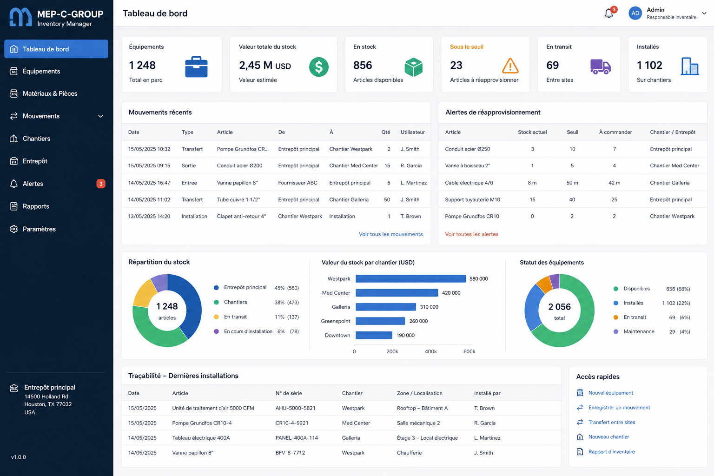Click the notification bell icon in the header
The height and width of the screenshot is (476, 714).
609,13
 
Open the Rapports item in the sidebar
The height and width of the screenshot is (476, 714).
36,206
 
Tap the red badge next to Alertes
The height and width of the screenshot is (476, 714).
101,184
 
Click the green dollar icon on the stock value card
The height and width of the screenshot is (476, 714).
319,67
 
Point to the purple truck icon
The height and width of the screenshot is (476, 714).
600,66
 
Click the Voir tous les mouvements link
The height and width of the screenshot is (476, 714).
391,234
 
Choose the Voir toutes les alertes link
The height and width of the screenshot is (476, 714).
472,234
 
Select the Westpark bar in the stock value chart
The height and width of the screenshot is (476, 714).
410,278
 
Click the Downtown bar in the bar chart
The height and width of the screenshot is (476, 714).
374,335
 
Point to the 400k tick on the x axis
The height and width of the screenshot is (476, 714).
430,351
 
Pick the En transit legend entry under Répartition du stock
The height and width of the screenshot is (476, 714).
235,317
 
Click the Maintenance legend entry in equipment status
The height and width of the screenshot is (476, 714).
639,331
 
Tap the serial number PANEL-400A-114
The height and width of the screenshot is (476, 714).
297,438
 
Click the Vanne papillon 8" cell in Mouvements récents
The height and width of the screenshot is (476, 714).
237,183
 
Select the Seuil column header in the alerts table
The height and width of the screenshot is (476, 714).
573,132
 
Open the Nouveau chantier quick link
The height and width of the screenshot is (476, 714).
608,437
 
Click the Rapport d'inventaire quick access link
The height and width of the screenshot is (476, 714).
611,451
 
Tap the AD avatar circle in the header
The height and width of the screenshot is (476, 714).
635,13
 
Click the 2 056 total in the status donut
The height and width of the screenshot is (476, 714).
559,307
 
